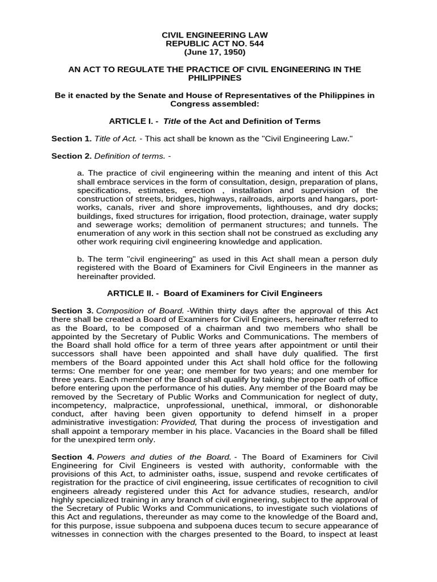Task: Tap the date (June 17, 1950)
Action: [x=215, y=52]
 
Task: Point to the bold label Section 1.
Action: [x=71, y=138]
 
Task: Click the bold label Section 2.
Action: [x=71, y=155]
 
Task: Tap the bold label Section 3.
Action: [x=71, y=310]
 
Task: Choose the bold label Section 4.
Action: [x=71, y=457]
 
